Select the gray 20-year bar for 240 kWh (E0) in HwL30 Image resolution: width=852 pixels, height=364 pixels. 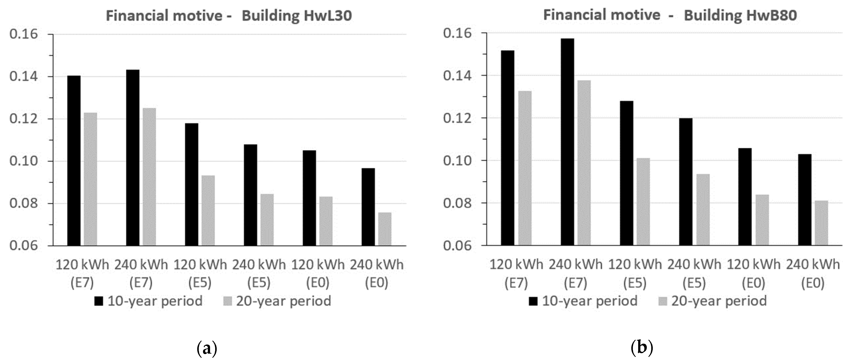point(385,229)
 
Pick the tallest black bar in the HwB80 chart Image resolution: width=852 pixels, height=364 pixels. point(568,142)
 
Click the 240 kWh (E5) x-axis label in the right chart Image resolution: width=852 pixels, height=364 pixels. point(694,274)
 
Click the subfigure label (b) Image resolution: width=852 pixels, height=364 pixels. point(642,348)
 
